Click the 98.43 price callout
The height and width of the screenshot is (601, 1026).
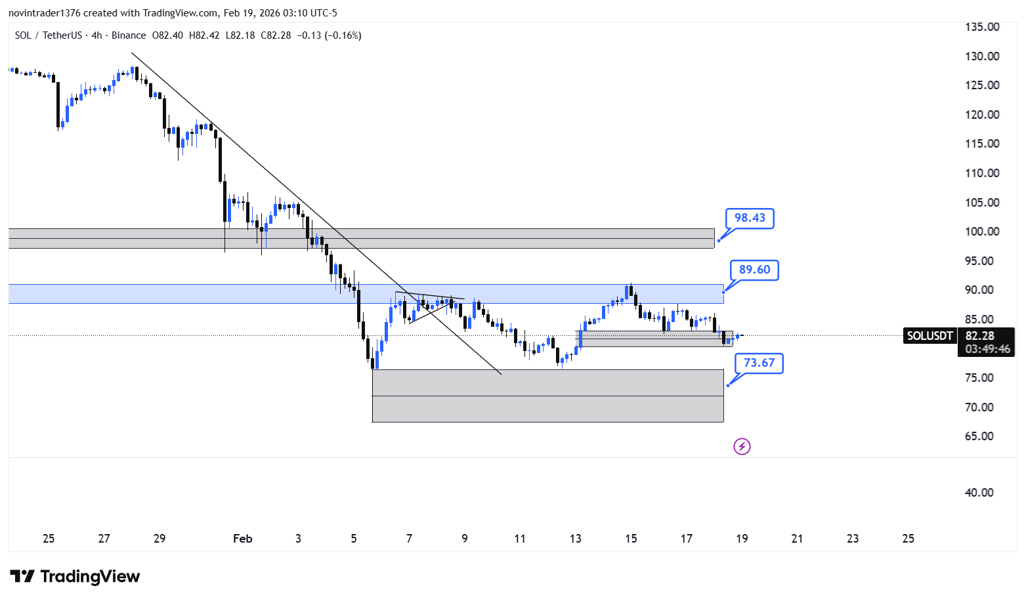(x=750, y=218)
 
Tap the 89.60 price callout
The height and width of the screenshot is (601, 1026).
(x=754, y=270)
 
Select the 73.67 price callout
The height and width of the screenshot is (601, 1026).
(x=759, y=363)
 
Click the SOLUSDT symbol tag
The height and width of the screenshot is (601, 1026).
(x=930, y=336)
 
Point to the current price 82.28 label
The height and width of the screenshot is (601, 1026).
(x=980, y=336)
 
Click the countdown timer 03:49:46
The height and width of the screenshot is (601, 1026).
(x=987, y=349)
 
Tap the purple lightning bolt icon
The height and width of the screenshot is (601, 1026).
(x=742, y=446)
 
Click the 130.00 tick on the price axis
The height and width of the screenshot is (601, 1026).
(x=982, y=56)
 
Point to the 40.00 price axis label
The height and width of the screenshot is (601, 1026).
(x=979, y=493)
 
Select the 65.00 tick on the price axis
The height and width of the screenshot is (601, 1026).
(x=979, y=436)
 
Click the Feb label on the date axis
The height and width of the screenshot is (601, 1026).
(x=242, y=539)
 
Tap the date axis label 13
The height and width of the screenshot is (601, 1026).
(x=575, y=539)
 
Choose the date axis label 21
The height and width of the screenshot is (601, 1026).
(x=797, y=539)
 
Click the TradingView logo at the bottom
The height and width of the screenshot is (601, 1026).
(x=75, y=576)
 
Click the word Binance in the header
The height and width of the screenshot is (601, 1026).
(x=129, y=35)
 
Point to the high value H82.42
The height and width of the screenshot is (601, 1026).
(x=204, y=35)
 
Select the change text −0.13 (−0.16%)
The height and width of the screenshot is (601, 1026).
(x=330, y=35)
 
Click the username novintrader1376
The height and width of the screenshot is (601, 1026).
(x=45, y=13)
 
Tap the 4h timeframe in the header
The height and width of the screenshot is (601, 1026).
(x=96, y=35)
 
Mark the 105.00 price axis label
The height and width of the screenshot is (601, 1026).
(x=982, y=202)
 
